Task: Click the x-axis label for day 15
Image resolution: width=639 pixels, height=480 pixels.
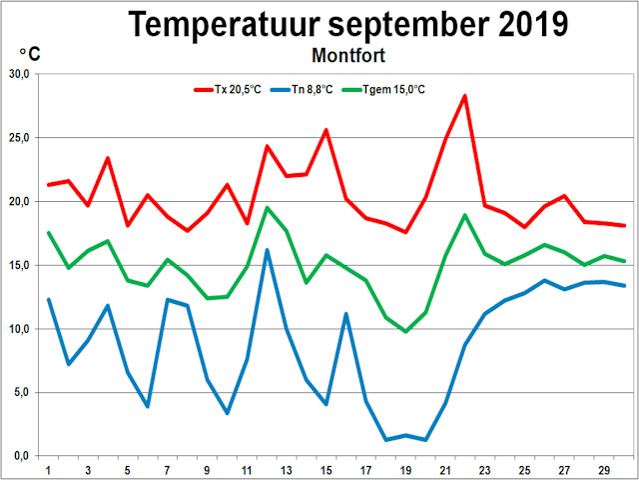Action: point(325,469)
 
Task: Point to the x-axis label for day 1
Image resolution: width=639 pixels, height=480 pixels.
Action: point(49,469)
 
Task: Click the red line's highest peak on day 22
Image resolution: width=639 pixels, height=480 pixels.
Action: point(465,96)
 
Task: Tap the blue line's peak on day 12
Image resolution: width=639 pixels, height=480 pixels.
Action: point(268,250)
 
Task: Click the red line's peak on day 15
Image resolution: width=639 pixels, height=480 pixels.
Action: point(325,130)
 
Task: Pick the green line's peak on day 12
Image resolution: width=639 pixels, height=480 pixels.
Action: point(268,208)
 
